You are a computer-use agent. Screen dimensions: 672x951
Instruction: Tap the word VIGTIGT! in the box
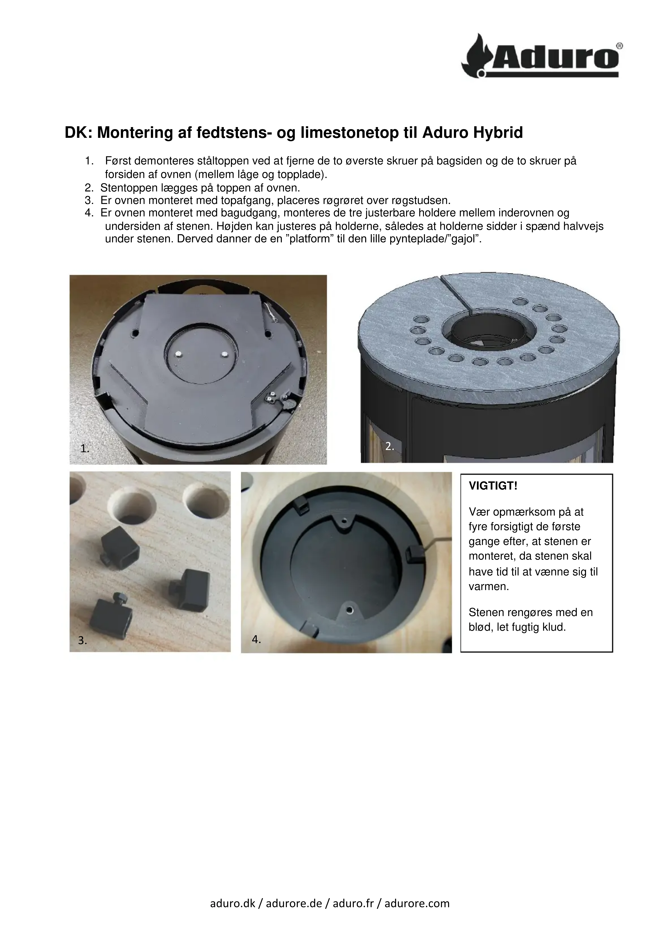493,486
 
